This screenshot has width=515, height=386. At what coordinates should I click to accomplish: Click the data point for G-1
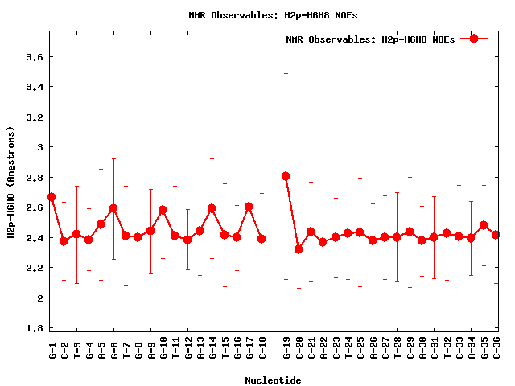tap(51, 197)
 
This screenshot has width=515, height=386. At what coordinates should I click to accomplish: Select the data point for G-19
tap(286, 176)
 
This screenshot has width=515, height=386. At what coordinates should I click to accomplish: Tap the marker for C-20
tap(299, 249)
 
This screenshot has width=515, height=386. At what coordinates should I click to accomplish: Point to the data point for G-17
tap(249, 207)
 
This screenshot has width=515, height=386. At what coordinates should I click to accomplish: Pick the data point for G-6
tap(113, 208)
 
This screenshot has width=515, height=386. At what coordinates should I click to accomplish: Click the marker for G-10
tap(163, 210)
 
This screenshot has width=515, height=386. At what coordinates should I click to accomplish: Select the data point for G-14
tap(212, 208)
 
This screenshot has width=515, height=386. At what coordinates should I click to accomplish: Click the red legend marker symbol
tap(474, 39)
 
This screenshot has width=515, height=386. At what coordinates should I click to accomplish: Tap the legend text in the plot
tap(370, 39)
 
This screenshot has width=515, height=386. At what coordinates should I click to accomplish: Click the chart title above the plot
tap(274, 15)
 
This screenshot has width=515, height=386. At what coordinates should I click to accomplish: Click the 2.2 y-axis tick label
tap(33, 268)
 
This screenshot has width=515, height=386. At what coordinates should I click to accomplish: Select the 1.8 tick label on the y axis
tap(33, 328)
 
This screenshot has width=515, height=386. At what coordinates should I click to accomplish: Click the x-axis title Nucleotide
tap(274, 380)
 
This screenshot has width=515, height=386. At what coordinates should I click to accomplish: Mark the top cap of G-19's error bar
tap(286, 74)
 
